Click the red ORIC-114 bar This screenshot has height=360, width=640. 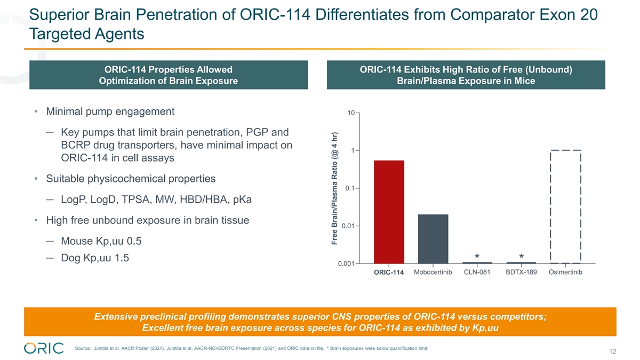[389, 212]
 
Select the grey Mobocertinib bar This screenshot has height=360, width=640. [433, 238]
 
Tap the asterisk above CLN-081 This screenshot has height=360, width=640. [477, 257]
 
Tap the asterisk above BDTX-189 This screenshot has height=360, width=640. [521, 257]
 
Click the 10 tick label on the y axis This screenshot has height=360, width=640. [350, 113]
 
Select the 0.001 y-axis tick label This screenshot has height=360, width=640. [347, 263]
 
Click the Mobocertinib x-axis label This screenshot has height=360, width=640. [433, 273]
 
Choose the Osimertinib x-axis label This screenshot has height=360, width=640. [565, 273]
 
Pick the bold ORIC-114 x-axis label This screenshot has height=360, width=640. [389, 273]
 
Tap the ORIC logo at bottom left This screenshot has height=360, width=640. [44, 348]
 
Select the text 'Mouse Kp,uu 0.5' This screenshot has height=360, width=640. [101, 241]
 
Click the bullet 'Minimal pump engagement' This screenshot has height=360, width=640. [110, 112]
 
